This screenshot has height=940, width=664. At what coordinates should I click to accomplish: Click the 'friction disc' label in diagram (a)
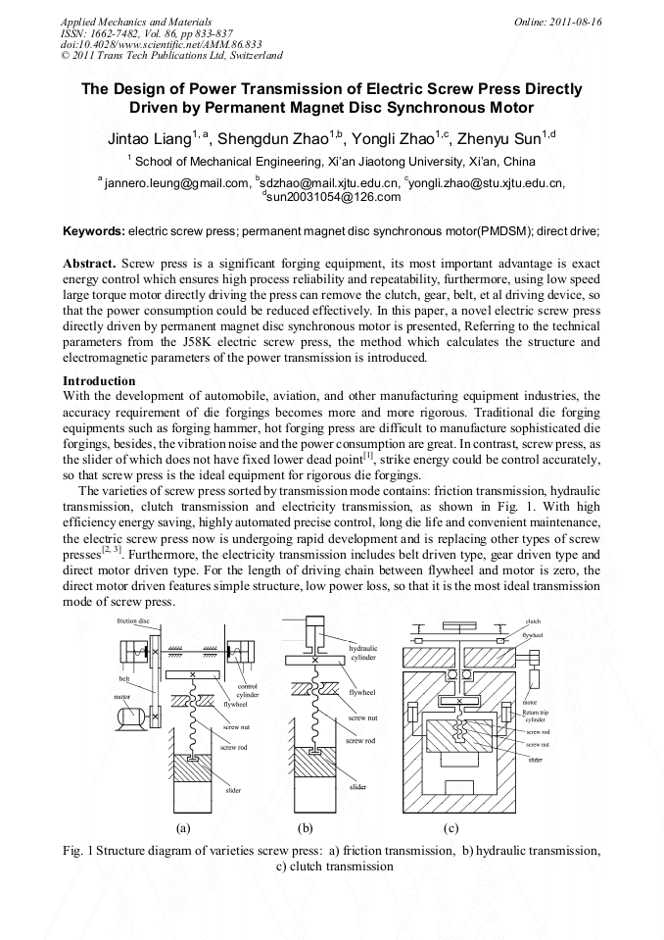(132, 621)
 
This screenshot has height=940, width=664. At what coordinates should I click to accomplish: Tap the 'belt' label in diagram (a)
(124, 677)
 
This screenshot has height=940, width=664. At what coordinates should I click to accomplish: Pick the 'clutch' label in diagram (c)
(533, 621)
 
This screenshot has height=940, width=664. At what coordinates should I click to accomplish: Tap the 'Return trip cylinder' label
(535, 716)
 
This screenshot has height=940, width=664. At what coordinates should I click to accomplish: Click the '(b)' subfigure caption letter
(305, 828)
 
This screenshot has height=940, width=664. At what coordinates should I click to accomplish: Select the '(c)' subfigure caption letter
(451, 828)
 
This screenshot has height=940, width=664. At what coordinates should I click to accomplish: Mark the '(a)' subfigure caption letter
(182, 828)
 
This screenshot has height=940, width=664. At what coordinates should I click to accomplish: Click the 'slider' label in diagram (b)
(357, 787)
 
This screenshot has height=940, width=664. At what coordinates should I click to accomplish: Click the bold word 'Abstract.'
(89, 265)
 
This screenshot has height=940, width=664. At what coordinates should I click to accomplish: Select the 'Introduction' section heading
(99, 380)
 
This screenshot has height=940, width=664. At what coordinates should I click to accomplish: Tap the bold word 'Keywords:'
(94, 231)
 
